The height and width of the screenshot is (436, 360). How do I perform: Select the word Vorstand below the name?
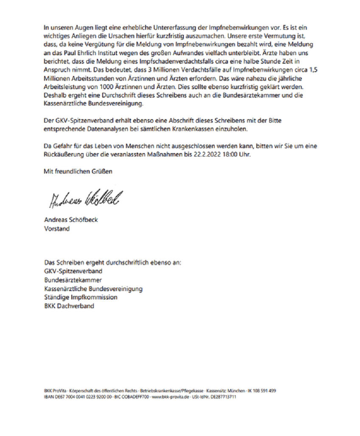(x=57, y=229)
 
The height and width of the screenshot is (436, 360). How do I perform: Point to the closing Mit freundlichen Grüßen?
(x=78, y=171)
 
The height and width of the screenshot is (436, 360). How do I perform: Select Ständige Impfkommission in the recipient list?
(x=81, y=297)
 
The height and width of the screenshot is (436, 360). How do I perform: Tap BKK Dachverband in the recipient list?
(x=69, y=306)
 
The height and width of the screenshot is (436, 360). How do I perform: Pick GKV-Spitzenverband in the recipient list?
(x=73, y=271)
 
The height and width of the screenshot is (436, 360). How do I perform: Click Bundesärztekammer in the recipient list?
(x=73, y=280)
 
